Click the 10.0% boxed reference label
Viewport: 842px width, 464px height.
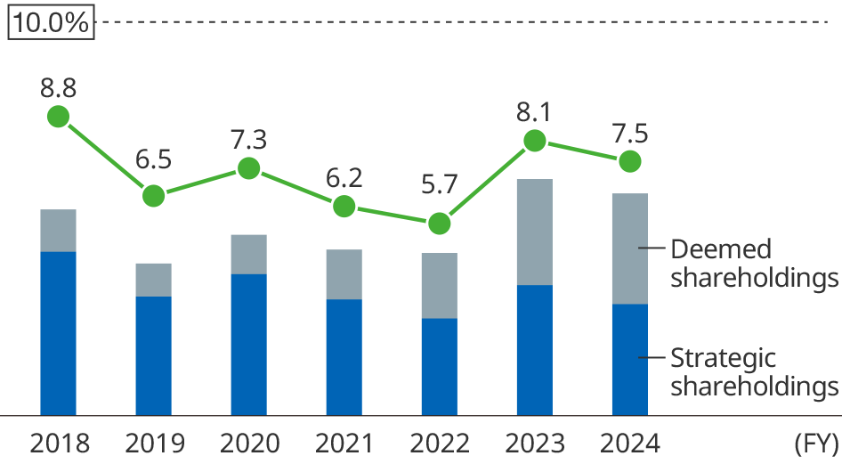52,23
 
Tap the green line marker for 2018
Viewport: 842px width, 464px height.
59,117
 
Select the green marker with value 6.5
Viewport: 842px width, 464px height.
154,196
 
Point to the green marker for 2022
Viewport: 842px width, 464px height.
439,224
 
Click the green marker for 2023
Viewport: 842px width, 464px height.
534,141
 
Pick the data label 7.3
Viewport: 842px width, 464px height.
248,140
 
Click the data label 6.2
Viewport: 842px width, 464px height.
344,178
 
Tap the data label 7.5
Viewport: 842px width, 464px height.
629,134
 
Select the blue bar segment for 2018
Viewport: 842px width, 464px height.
59,333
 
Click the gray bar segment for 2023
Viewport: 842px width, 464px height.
534,232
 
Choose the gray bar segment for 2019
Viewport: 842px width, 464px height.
154,280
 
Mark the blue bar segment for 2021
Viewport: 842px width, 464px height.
344,356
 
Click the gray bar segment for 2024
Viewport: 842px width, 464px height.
629,248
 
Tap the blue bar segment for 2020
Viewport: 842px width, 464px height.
248,344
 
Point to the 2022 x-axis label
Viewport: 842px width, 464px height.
440,444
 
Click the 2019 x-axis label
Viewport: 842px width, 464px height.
155,444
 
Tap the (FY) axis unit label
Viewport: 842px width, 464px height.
814,444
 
